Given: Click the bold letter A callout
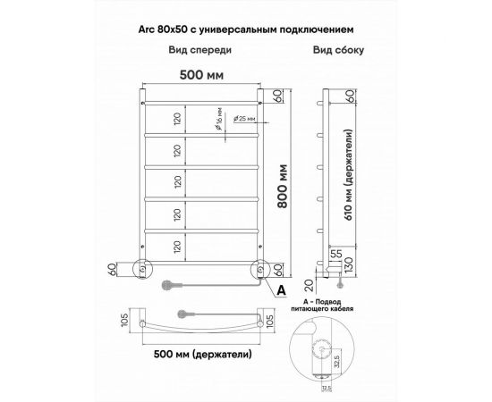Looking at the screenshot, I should pyautogui.click(x=281, y=289).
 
